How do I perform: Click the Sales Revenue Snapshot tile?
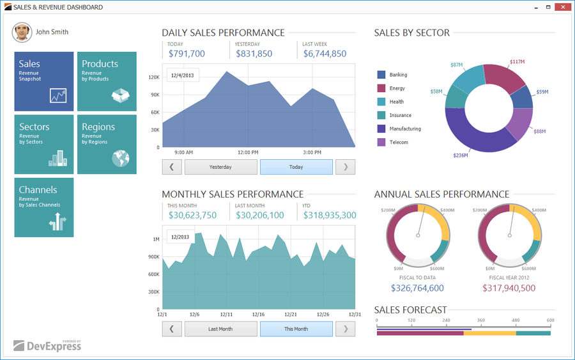pyautogui.click(x=44, y=82)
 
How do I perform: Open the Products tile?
pyautogui.click(x=107, y=82)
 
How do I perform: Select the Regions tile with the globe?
pyautogui.click(x=107, y=145)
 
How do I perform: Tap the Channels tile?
pyautogui.click(x=44, y=207)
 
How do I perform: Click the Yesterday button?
pyautogui.click(x=220, y=167)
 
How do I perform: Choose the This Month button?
pyautogui.click(x=296, y=329)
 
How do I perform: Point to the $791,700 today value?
pyautogui.click(x=187, y=54)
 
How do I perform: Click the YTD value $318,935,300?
pyautogui.click(x=330, y=215)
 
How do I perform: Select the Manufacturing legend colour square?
pyautogui.click(x=381, y=129)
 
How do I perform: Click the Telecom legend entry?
pyautogui.click(x=398, y=142)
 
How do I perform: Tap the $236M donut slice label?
pyautogui.click(x=460, y=155)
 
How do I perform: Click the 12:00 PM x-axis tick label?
pyautogui.click(x=248, y=153)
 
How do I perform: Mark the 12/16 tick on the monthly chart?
pyautogui.click(x=259, y=315)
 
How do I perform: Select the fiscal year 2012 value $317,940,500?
pyautogui.click(x=509, y=288)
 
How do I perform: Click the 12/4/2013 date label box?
pyautogui.click(x=183, y=75)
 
